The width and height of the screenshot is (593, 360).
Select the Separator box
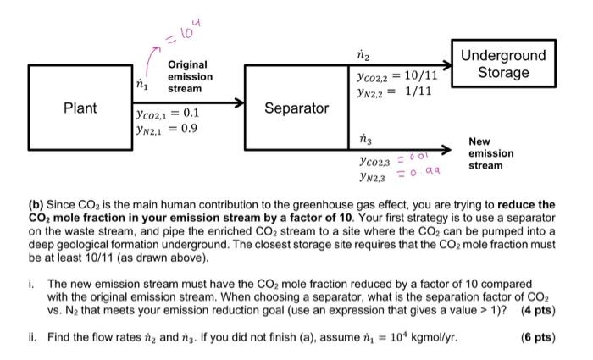click(296, 108)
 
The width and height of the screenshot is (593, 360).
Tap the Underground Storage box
click(502, 64)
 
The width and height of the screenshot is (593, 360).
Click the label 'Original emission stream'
click(190, 76)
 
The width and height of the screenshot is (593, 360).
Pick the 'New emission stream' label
click(490, 153)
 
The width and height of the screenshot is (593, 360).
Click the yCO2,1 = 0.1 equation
click(166, 113)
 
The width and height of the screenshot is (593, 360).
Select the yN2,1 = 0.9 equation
click(166, 129)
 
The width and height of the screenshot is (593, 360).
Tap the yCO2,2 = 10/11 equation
click(397, 75)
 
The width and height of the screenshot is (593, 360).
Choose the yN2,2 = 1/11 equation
click(395, 91)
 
